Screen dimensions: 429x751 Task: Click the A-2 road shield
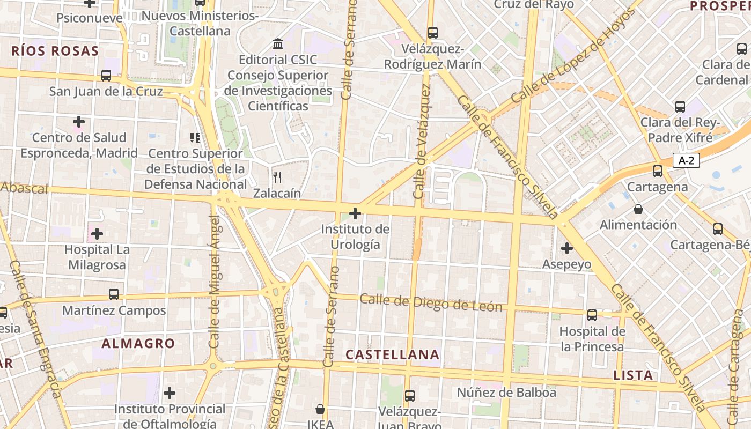tap(686, 160)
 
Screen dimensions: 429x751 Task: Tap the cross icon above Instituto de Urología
tap(355, 213)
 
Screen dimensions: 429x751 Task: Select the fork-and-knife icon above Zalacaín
tap(277, 177)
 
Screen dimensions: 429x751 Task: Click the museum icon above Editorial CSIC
tap(278, 44)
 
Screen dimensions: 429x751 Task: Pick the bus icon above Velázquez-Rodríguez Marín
tap(433, 33)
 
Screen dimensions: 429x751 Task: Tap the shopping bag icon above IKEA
tap(320, 410)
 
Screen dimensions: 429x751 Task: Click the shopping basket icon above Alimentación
tap(638, 209)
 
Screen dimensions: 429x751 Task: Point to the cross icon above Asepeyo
tap(566, 248)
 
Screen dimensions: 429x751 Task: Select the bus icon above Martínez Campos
tap(114, 294)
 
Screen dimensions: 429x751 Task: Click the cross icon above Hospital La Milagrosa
tap(97, 234)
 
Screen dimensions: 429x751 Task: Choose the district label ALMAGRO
tap(138, 344)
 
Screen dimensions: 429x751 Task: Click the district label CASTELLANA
tap(393, 354)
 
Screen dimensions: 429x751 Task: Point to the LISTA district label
tap(633, 375)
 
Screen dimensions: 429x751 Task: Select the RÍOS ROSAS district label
tap(55, 51)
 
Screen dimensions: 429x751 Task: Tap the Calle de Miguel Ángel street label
tap(215, 282)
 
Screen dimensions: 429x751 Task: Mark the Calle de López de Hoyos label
tap(573, 56)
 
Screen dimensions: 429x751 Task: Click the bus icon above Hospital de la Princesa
tap(592, 315)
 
